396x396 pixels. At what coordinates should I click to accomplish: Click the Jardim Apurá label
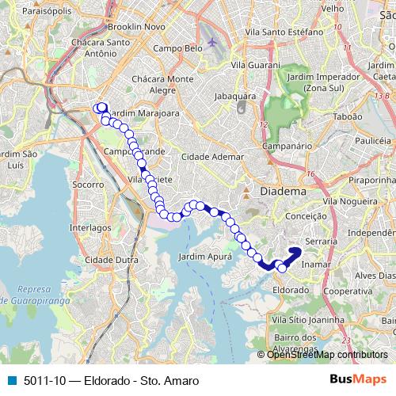pyautogui.click(x=205, y=257)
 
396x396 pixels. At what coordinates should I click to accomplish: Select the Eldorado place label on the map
pyautogui.click(x=290, y=289)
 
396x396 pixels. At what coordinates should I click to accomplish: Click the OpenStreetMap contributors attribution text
pyautogui.click(x=326, y=354)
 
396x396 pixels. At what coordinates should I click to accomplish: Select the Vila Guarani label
pyautogui.click(x=255, y=65)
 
